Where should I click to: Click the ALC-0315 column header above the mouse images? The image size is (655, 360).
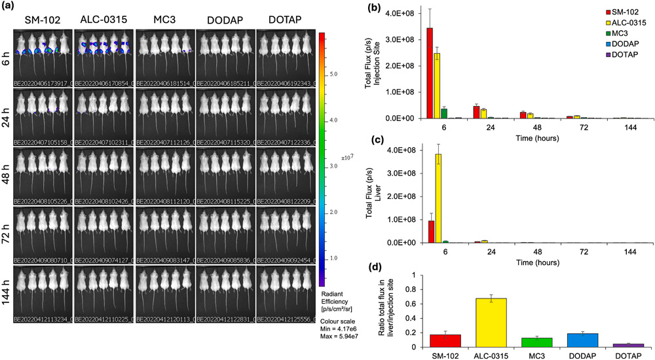(102, 18)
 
